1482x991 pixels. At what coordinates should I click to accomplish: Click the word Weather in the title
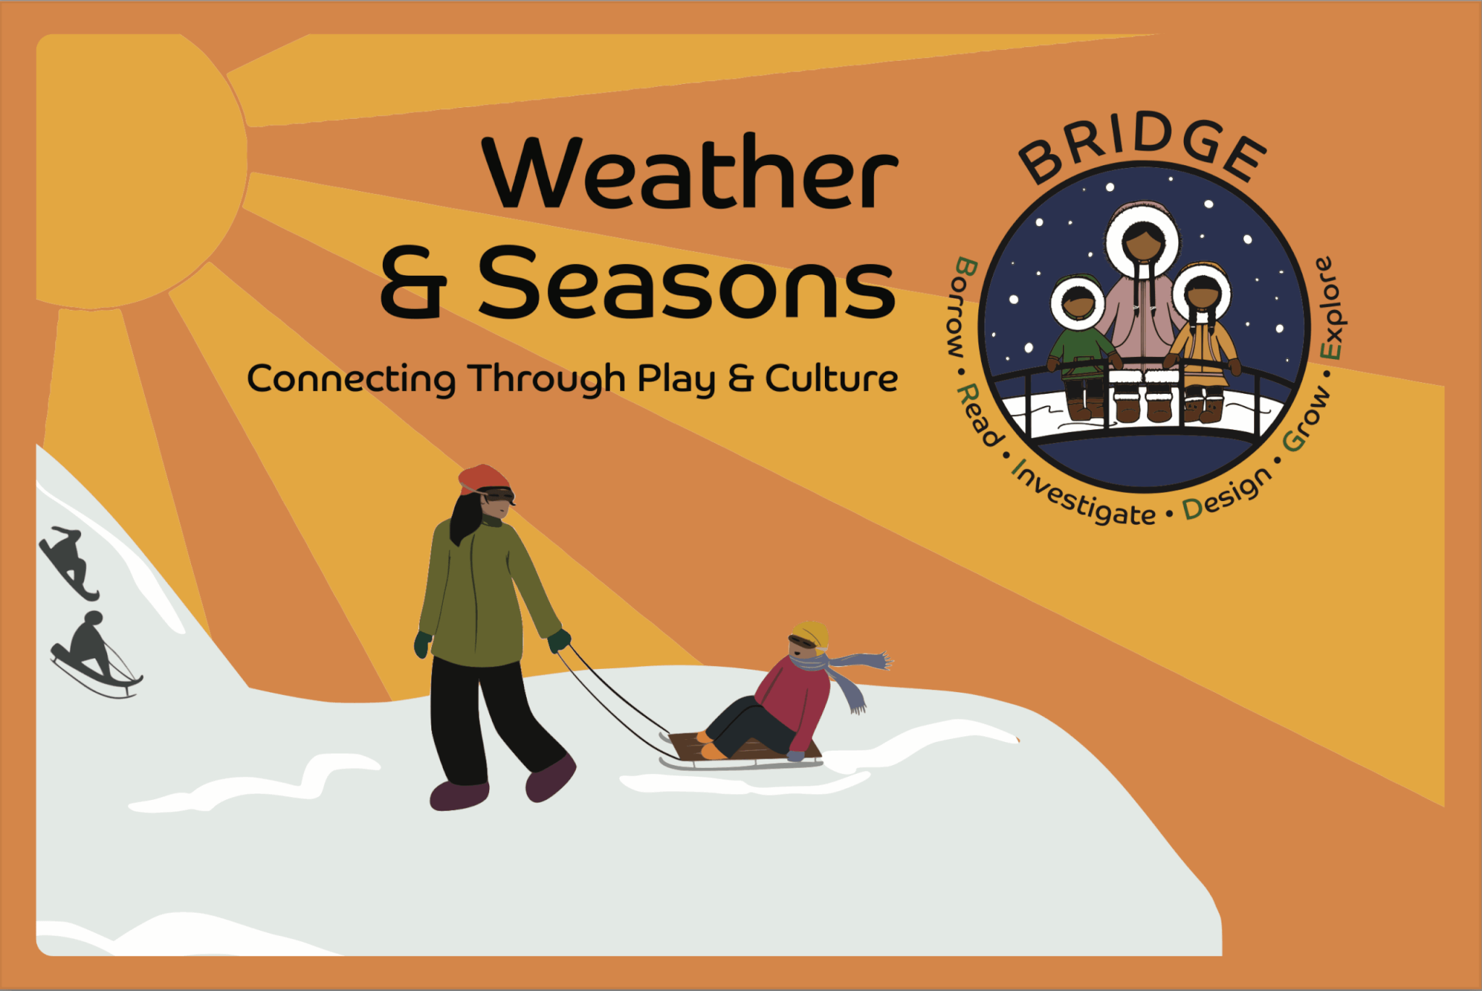tap(691, 172)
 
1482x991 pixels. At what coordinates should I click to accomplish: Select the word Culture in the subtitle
tap(831, 378)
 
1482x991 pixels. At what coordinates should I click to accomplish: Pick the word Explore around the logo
tap(1330, 308)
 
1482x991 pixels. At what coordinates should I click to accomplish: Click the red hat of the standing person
tap(483, 478)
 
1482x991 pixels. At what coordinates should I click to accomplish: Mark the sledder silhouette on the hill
tap(94, 654)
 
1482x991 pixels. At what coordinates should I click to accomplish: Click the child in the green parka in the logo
tap(1078, 347)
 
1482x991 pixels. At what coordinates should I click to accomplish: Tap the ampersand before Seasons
tap(413, 284)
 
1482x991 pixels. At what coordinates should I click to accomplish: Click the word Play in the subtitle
tap(677, 379)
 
